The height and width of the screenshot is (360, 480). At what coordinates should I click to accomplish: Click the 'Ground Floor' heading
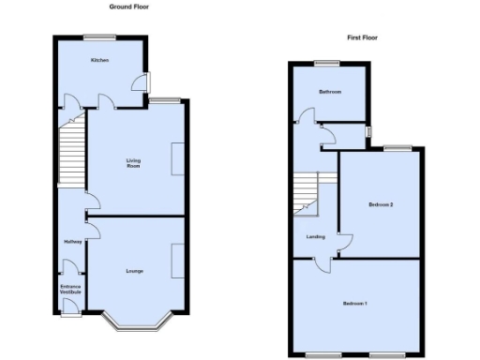click(129, 7)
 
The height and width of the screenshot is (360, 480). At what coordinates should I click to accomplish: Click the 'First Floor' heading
click(362, 37)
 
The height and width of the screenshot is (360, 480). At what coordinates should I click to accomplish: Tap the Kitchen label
click(99, 60)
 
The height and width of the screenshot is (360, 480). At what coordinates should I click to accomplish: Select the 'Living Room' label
click(134, 163)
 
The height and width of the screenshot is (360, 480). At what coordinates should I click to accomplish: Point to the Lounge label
click(134, 270)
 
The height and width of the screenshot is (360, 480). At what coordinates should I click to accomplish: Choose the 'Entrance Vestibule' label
click(71, 289)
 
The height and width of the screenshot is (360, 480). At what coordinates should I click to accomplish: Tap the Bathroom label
click(329, 92)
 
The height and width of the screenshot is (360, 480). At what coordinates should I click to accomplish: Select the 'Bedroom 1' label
click(354, 304)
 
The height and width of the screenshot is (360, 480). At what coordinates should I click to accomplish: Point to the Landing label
click(315, 236)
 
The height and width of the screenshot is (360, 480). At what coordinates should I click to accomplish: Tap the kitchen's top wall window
click(97, 37)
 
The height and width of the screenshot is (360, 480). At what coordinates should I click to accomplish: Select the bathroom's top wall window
click(327, 64)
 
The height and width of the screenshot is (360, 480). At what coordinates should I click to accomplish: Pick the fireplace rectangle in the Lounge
click(178, 260)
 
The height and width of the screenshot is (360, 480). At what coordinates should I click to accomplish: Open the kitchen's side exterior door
click(146, 82)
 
